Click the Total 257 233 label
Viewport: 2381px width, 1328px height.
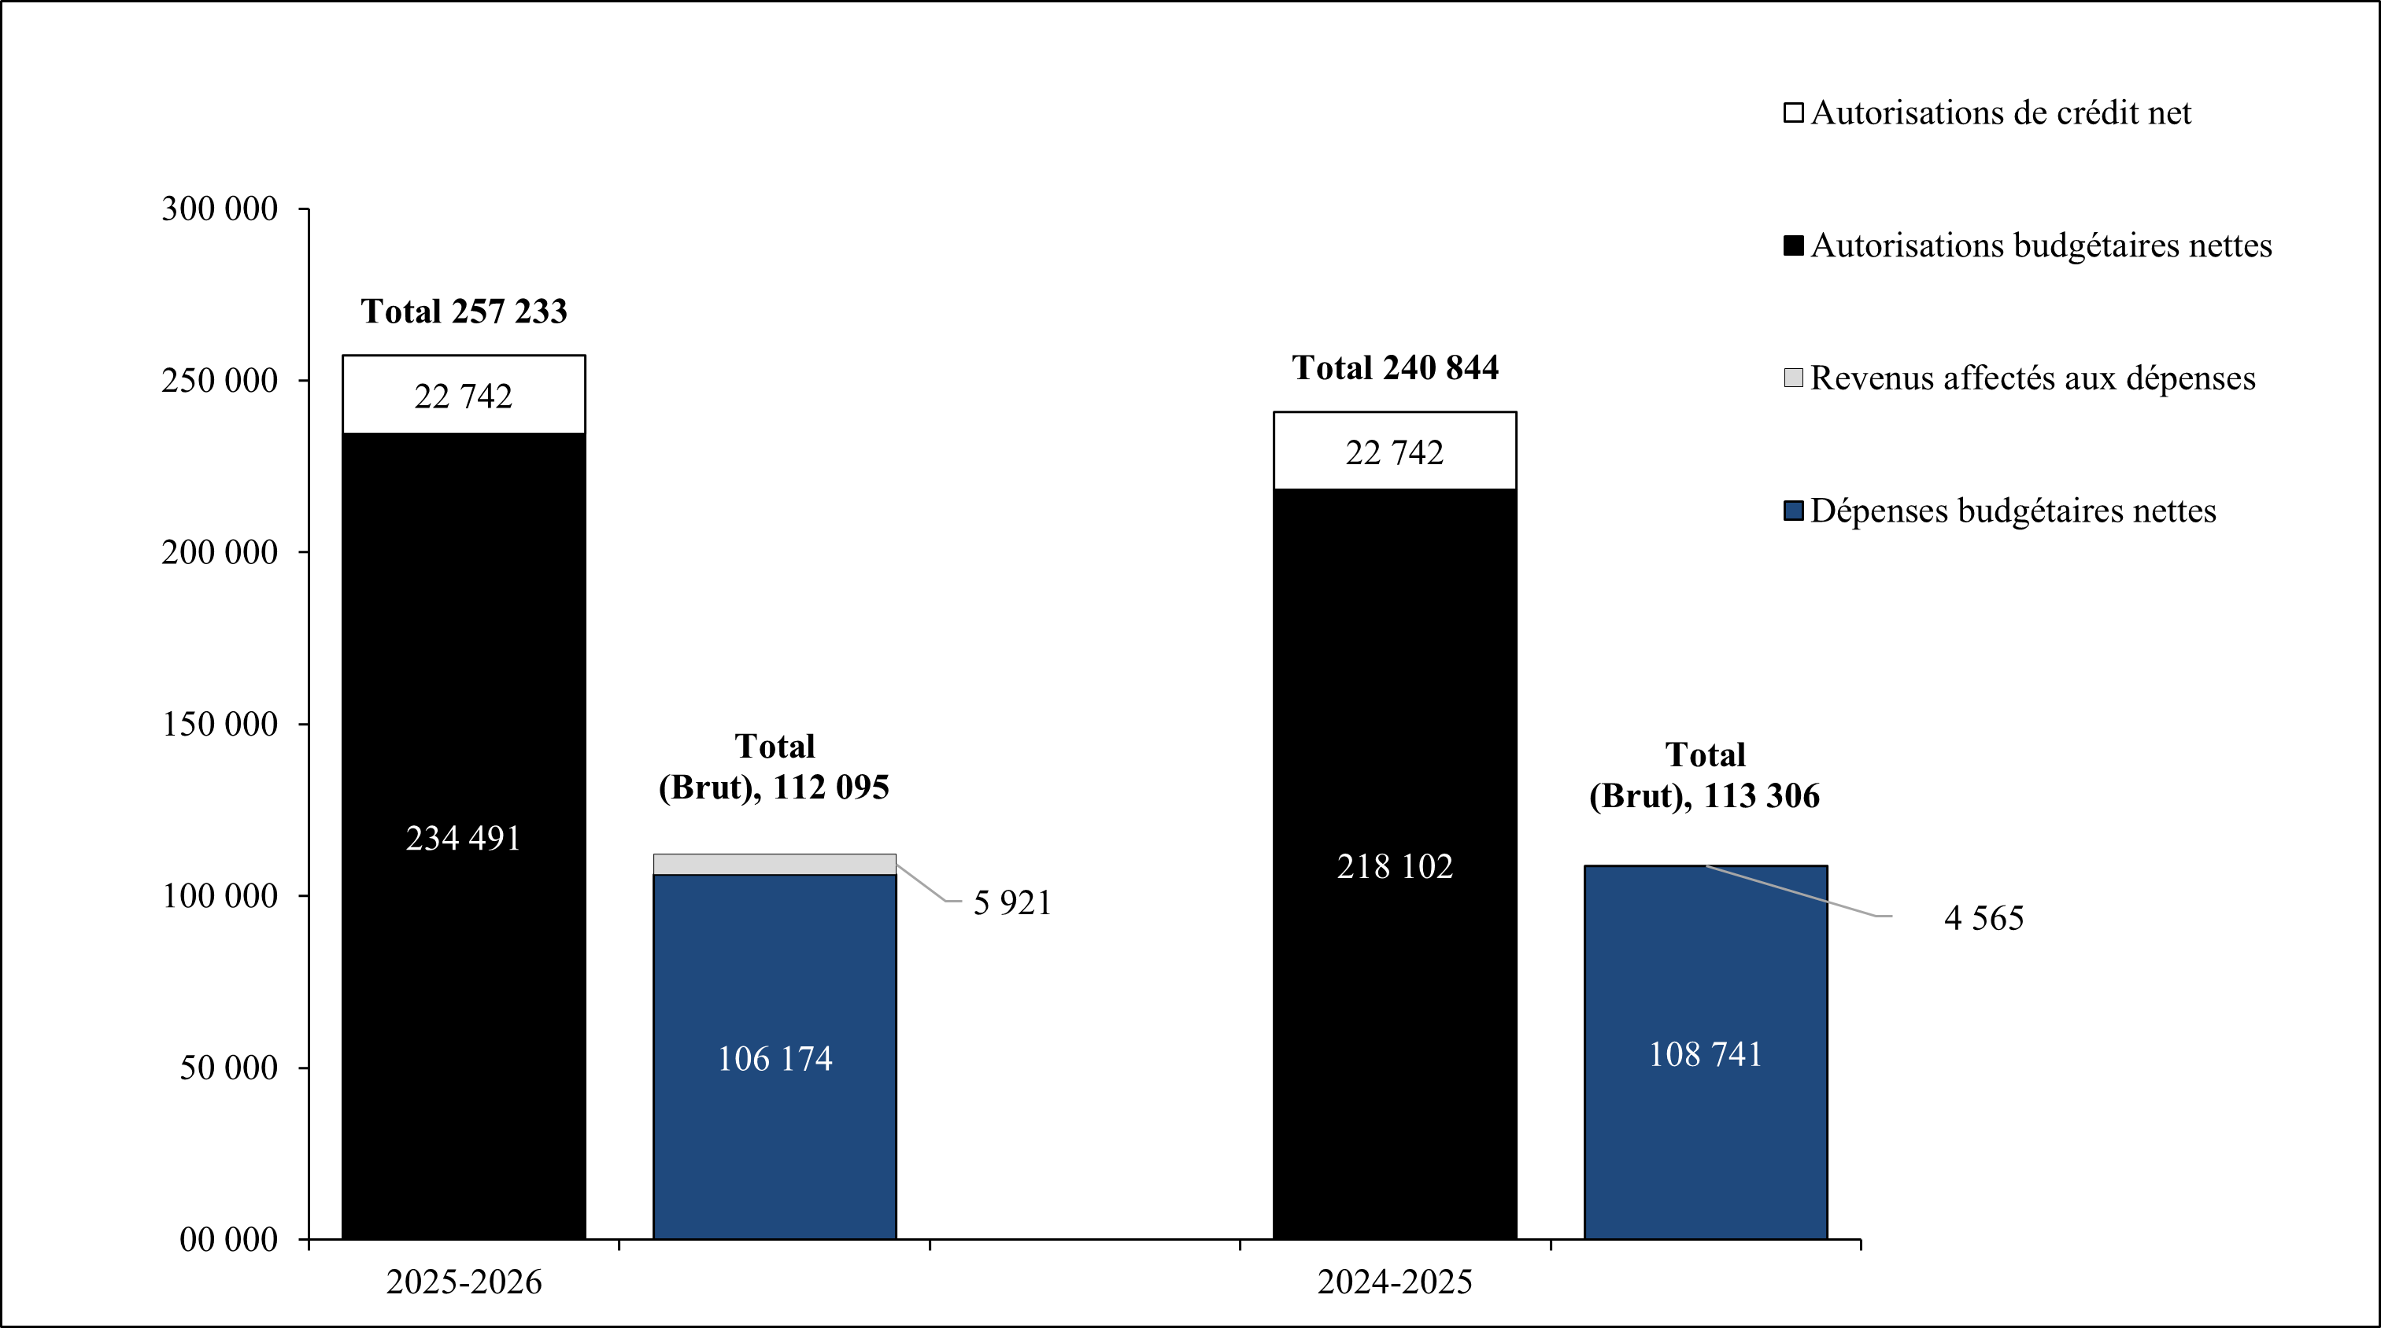click(463, 312)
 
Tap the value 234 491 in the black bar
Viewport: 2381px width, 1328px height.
click(463, 838)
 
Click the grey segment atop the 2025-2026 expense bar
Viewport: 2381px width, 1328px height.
click(775, 864)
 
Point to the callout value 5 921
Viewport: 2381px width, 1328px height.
click(1012, 903)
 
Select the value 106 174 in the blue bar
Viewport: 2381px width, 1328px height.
click(775, 1058)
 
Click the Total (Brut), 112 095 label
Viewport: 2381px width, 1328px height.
click(774, 767)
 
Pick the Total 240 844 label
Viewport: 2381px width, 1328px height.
click(1395, 368)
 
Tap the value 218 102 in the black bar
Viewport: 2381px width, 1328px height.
click(1395, 867)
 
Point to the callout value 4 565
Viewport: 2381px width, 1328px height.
click(1984, 917)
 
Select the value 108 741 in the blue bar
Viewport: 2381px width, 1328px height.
click(1706, 1054)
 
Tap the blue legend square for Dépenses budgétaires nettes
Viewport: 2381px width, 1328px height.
click(1793, 511)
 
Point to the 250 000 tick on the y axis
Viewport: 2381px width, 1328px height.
click(219, 381)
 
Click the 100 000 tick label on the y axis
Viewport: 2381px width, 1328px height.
click(219, 895)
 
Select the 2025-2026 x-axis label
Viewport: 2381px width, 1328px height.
click(463, 1282)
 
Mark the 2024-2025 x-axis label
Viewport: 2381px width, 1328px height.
click(1395, 1282)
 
